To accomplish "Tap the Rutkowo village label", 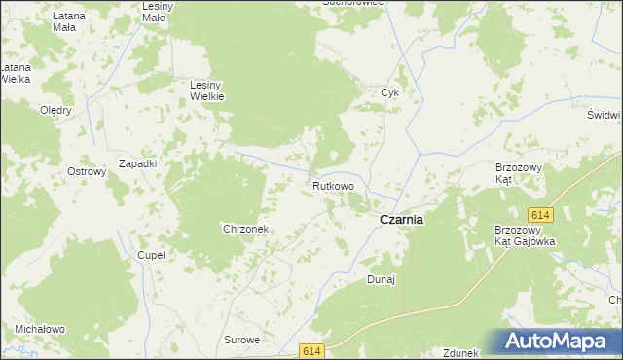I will tap(333, 185).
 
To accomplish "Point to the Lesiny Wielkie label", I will tap(206, 90).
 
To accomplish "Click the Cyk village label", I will tap(390, 93).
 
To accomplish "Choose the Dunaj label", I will tap(381, 280).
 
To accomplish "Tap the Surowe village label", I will tap(242, 340).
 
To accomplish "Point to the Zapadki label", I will tap(137, 163).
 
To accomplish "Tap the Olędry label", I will tap(55, 110).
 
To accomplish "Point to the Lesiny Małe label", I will tap(156, 13).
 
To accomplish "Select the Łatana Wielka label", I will tap(14, 73).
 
